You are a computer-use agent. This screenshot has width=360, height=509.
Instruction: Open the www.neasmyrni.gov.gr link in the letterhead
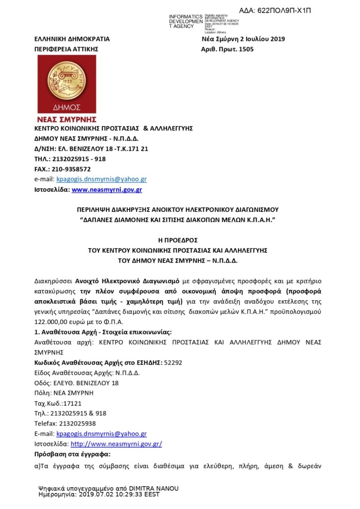[x=107, y=189]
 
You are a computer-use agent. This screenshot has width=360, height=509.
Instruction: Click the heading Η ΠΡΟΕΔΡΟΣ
[x=179, y=239]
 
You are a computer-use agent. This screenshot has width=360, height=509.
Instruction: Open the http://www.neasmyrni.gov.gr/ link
[x=116, y=443]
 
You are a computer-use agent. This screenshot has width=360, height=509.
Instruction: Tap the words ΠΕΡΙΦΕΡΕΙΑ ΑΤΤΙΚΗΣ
[x=66, y=49]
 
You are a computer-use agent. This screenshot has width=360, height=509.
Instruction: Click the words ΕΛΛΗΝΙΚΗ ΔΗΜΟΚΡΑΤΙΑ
[x=71, y=38]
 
